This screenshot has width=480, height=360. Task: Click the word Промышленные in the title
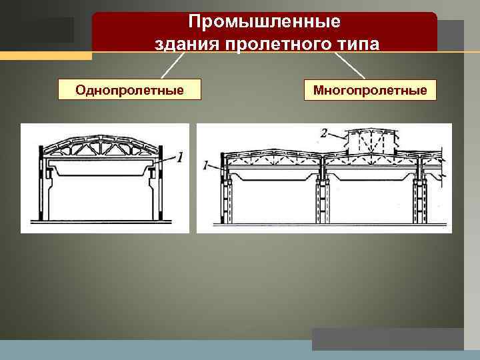tap(264, 22)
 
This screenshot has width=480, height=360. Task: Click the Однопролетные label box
tap(130, 89)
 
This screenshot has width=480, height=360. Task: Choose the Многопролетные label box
tap(370, 89)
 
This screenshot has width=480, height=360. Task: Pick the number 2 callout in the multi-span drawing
tap(323, 134)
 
